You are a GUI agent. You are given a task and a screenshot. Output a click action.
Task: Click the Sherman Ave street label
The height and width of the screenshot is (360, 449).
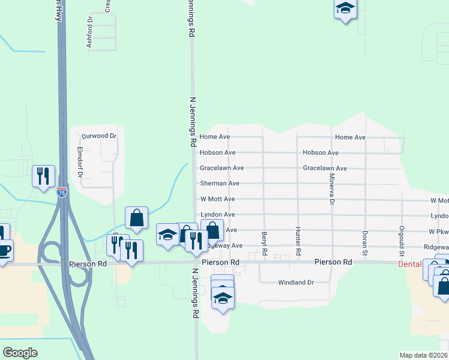tap(219, 184)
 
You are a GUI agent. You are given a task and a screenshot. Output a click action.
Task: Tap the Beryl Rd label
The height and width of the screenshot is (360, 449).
tap(264, 236)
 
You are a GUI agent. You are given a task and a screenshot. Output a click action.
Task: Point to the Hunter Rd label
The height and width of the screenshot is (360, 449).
tap(297, 236)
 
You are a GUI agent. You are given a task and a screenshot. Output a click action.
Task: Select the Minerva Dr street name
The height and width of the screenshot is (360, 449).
tap(331, 189)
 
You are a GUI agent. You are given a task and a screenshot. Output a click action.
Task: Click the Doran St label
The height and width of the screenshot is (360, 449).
tap(364, 237)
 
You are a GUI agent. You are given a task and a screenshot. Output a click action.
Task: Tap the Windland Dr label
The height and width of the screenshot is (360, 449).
tap(296, 283)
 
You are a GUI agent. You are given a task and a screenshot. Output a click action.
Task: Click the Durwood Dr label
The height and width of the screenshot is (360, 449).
tap(99, 136)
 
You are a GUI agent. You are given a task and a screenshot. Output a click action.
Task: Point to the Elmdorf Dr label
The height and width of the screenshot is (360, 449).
tap(79, 164)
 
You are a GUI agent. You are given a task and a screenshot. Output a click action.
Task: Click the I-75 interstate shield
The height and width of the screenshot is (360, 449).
tap(62, 192)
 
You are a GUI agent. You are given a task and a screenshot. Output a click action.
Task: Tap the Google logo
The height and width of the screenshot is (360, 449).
tap(20, 353)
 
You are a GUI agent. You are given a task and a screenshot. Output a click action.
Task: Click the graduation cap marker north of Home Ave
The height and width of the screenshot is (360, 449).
tap(345, 9)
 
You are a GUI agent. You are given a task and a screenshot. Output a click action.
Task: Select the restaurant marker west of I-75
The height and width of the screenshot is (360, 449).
tap(43, 176)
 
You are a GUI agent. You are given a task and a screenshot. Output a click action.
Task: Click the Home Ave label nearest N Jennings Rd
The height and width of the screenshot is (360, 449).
tap(215, 137)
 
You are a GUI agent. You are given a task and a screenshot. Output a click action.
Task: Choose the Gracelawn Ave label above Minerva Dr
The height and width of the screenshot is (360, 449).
tap(325, 169)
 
